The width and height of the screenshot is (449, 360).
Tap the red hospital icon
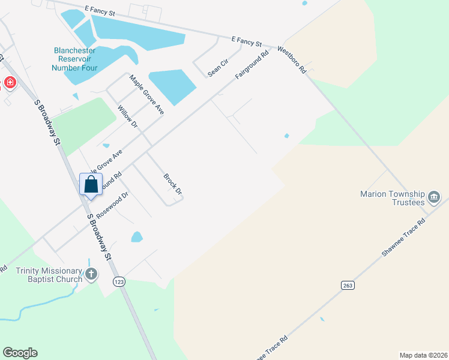[10, 83]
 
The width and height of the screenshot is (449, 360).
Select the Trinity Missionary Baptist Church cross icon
[91, 275]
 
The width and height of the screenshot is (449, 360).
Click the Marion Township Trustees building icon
[435, 196]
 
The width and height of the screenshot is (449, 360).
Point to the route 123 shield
[119, 281]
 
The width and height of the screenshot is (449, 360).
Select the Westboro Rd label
[291, 60]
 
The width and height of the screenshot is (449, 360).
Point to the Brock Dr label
[173, 184]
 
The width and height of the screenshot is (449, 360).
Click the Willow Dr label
[127, 116]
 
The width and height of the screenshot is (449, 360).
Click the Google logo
[20, 353]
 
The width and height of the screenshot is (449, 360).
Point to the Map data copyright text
[423, 355]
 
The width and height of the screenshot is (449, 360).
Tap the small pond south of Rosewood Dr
[137, 236]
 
